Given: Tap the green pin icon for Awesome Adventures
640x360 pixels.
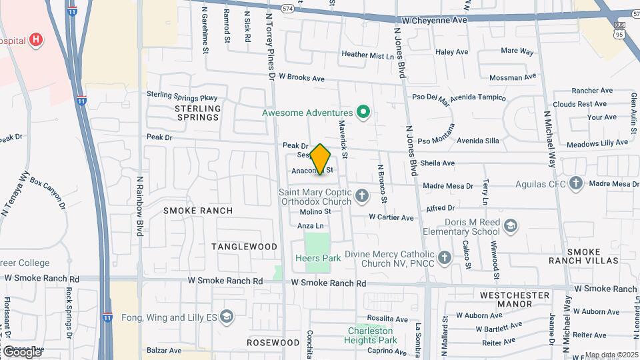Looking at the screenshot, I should tap(363, 113).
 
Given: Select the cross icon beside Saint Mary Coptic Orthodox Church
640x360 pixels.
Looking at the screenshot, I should tap(362, 196).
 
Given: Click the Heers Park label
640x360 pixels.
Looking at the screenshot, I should tap(318, 258).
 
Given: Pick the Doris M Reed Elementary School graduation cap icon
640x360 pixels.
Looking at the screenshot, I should tap(511, 226).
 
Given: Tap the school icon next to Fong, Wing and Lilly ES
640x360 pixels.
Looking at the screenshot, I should tap(227, 316).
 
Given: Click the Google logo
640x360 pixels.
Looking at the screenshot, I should tap(21, 351).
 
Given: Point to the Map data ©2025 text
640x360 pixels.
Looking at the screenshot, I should tap(611, 355).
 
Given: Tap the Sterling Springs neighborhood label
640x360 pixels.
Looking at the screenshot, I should tap(197, 113).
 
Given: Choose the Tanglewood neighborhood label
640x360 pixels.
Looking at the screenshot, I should tap(245, 247).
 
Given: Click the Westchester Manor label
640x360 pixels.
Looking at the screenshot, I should tap(515, 299).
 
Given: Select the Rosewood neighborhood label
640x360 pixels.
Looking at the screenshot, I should tap(273, 343).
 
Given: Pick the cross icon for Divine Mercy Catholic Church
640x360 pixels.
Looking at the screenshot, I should tap(445, 257).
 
